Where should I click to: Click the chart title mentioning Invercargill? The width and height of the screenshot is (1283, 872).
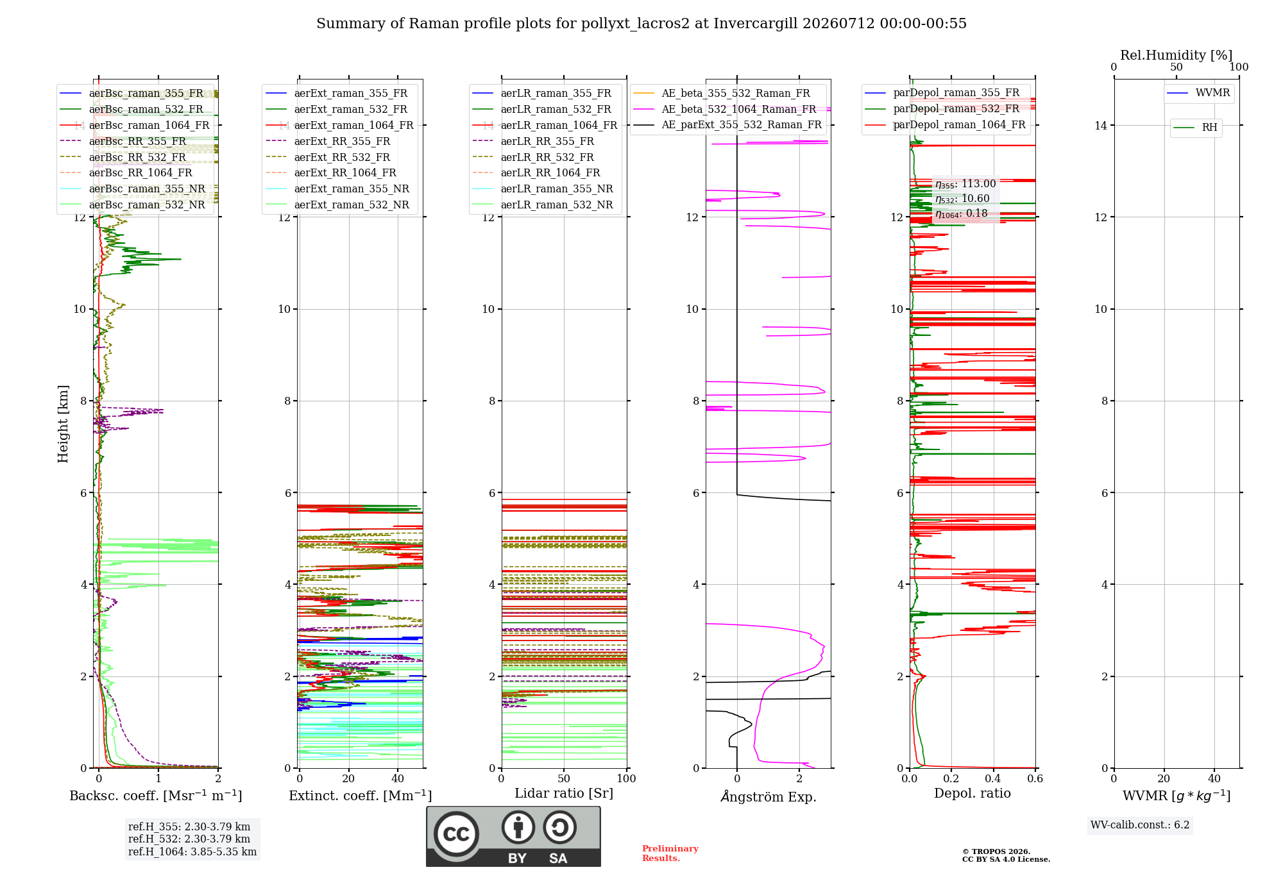(641, 24)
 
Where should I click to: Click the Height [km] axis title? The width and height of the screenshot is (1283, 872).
(63, 424)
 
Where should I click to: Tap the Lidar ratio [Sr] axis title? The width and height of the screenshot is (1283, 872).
(564, 794)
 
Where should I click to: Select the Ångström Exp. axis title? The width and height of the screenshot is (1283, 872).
(769, 796)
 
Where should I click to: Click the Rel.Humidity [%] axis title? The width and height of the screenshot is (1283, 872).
(1177, 55)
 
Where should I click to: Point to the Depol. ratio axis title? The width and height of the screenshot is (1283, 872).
(973, 793)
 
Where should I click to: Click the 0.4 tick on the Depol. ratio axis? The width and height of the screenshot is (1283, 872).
(993, 778)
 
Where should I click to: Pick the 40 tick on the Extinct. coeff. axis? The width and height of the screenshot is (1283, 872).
(398, 778)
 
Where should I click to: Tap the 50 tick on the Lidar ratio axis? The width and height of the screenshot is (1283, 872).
(564, 778)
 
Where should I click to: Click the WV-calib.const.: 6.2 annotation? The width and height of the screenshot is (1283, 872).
(1140, 825)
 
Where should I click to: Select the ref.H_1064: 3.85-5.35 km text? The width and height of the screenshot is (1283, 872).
(192, 852)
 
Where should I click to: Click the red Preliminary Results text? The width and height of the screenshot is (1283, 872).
(670, 853)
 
